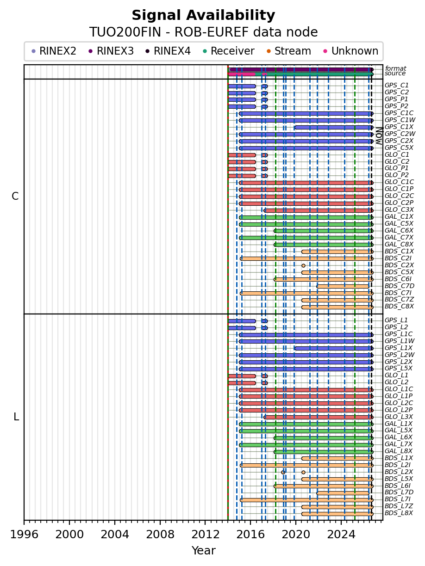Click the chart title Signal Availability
pos(203,15)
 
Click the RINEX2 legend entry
pos(54,51)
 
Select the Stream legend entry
pos(289,51)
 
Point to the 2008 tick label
pos(160,534)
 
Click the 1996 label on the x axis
pos(24,534)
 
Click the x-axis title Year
pos(203,551)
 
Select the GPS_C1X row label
pos(399,127)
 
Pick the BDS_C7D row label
pos(400,286)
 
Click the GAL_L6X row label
pos(399,437)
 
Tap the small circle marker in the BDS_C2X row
pos(303,265)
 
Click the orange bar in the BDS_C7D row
pos(343,286)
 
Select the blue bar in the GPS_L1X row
pos(334,348)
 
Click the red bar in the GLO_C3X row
pos(319,210)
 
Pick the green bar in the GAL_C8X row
pos(324,245)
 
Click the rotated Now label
pos(379,136)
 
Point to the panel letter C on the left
pos(15,196)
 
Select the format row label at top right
pos(395,68)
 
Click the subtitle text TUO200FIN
pos(125,32)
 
